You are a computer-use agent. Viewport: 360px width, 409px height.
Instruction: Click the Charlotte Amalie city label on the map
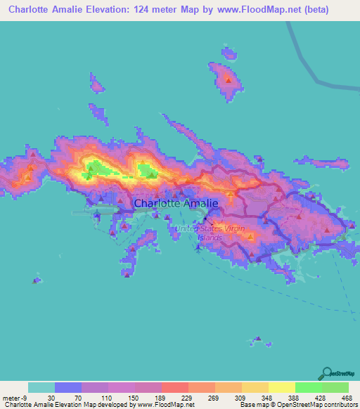point(176,204)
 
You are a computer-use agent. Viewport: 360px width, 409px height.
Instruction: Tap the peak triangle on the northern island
point(229,79)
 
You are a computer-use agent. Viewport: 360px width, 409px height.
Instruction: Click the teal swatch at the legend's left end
point(41,387)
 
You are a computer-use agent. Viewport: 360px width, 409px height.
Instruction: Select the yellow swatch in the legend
point(282,387)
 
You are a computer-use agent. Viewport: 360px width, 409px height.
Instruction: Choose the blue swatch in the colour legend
point(68,387)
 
